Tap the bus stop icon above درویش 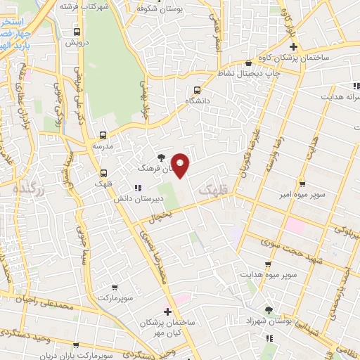point(77,32)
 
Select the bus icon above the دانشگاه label point(197,90)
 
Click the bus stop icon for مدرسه point(103,135)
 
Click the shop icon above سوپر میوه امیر point(302,181)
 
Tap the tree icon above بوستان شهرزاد point(269,309)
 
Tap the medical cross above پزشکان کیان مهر point(167,311)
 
